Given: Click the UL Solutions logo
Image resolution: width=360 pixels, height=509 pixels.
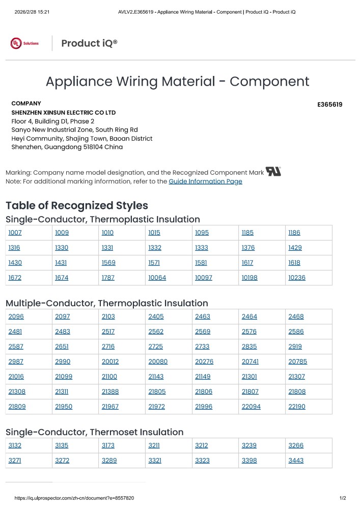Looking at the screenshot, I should [x=24, y=43].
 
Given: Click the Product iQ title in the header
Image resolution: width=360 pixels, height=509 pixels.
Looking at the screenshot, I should [x=89, y=43].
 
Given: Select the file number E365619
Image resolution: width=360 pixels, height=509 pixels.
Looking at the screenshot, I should [x=329, y=104].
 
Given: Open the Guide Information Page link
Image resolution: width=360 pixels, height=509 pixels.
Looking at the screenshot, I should [x=205, y=181].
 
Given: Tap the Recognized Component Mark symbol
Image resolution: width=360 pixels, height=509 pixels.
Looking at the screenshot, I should [x=273, y=172].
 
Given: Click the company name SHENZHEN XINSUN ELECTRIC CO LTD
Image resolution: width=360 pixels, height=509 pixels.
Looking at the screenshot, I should [x=64, y=112].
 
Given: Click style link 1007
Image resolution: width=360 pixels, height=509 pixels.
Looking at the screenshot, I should [x=15, y=233].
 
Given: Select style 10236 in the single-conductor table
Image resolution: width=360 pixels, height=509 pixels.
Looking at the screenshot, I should [x=297, y=278].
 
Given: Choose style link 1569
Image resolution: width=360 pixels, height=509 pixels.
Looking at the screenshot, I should [x=108, y=263].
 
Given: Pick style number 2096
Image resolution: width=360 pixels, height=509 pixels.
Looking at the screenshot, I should [x=16, y=316].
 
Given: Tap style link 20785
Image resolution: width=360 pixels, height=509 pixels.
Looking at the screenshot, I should [x=298, y=362].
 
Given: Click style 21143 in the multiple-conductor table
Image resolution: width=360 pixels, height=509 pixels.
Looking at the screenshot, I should [x=156, y=377].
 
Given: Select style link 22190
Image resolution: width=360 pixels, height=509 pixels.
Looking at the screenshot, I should [x=297, y=407].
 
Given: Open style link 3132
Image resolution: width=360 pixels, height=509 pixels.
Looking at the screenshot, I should [x=15, y=445].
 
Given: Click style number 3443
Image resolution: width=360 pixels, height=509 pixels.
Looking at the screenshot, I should [x=296, y=461].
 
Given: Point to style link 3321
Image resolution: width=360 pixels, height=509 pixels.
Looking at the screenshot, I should [x=155, y=461].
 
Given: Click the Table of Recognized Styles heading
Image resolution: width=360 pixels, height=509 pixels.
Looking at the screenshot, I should [x=77, y=205].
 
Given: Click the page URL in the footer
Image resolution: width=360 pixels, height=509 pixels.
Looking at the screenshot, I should [x=74, y=498].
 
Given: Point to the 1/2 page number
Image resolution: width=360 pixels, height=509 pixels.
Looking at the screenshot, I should [x=342, y=498].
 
